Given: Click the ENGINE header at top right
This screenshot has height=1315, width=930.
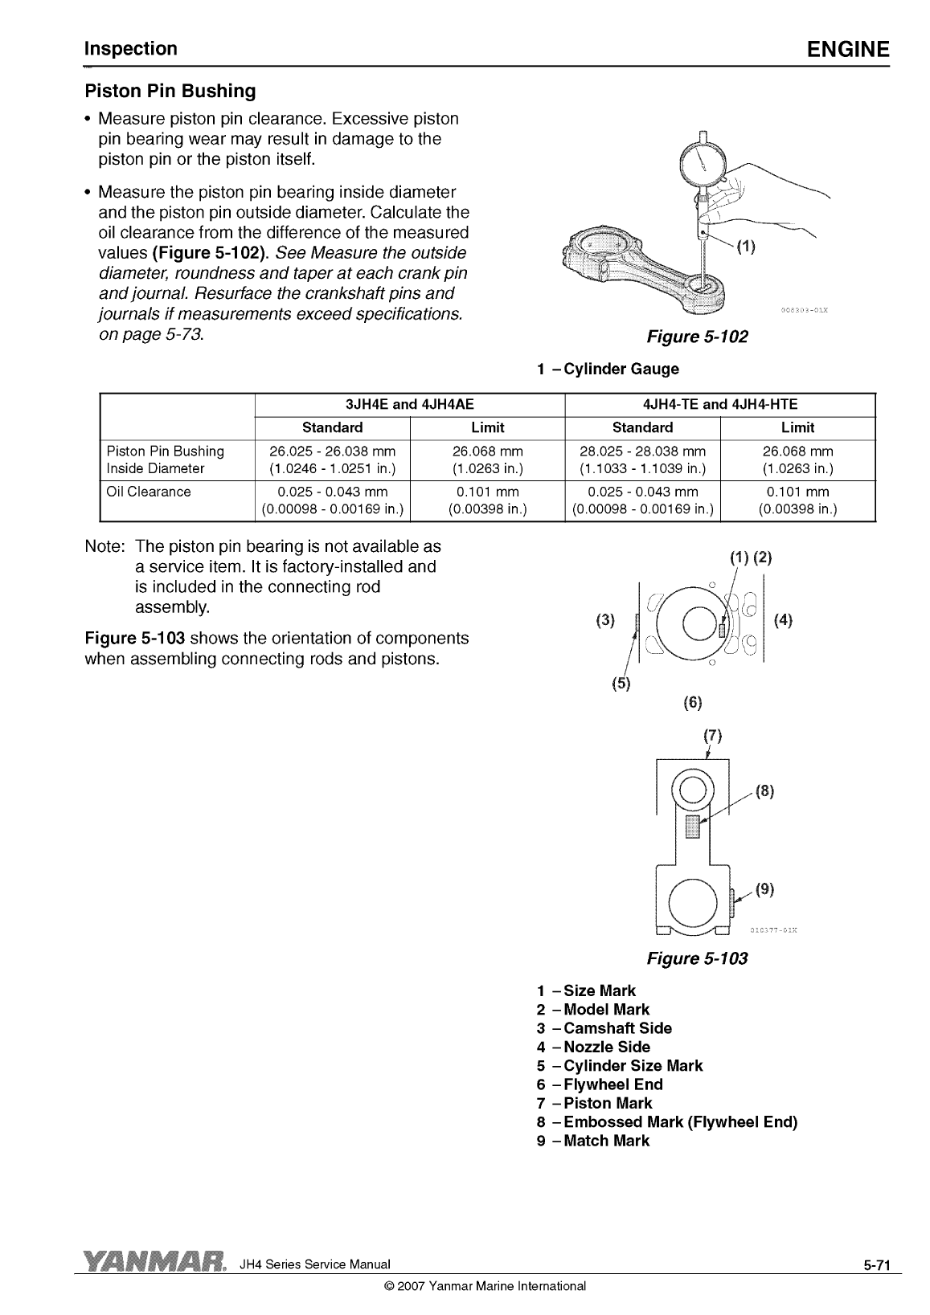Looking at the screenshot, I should click(848, 50).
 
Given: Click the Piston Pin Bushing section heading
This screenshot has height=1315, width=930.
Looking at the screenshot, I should click(170, 91).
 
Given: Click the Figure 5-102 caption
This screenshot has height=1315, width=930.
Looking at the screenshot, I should click(697, 337).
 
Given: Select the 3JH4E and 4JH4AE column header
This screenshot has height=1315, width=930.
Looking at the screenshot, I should click(409, 405).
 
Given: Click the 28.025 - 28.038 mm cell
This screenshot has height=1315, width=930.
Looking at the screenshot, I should click(642, 451).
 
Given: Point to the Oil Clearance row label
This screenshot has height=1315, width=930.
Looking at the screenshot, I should click(149, 492).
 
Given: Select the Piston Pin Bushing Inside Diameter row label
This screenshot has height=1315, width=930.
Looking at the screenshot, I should click(166, 459).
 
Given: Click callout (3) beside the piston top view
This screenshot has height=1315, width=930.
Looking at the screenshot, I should click(604, 619).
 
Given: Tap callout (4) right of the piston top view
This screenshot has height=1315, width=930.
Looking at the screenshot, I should click(782, 619).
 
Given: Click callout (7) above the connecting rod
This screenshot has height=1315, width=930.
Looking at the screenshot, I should click(713, 736).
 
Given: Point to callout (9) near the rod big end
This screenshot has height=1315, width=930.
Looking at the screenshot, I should click(764, 888).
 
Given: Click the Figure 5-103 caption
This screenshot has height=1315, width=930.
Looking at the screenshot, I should click(697, 958).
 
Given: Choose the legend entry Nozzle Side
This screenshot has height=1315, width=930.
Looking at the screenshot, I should click(607, 1047).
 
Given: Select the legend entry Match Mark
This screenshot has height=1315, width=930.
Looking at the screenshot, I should click(606, 1141).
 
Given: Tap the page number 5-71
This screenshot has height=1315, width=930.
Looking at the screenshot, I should click(878, 1266).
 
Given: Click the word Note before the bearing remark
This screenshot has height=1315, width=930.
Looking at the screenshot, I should click(104, 547).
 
